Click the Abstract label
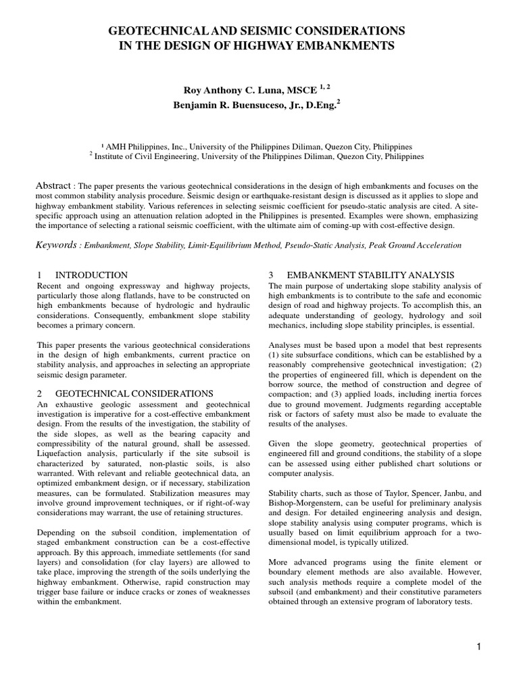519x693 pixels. [x=53, y=185]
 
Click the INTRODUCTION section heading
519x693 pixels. [x=91, y=275]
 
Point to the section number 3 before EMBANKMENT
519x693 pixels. [x=270, y=275]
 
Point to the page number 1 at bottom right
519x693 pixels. [x=478, y=647]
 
